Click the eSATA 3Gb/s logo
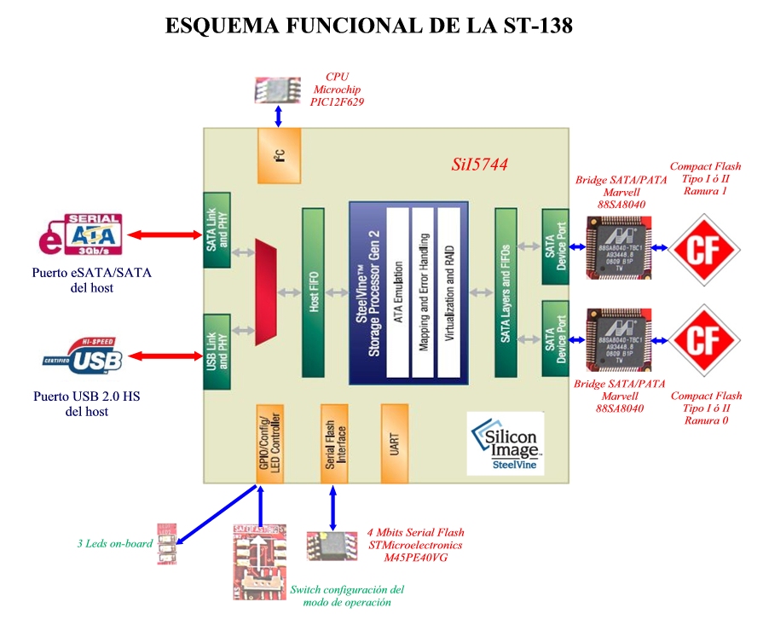point(83,235)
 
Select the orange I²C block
point(280,156)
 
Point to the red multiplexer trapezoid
point(266,292)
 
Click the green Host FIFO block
point(313,292)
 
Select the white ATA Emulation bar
point(398,291)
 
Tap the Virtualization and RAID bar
point(449,291)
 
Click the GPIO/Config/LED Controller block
point(269,444)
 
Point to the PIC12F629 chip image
point(278,90)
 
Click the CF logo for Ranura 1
point(702,249)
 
